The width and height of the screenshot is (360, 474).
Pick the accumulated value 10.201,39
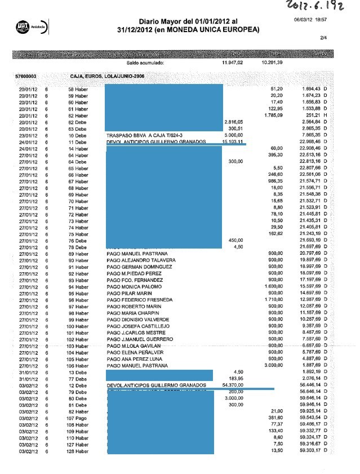tap(272, 63)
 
